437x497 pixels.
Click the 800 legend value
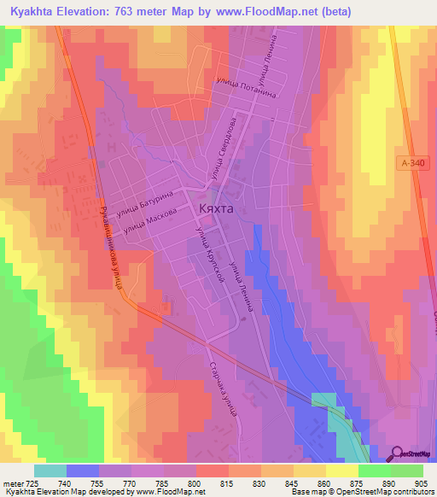[196, 482]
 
